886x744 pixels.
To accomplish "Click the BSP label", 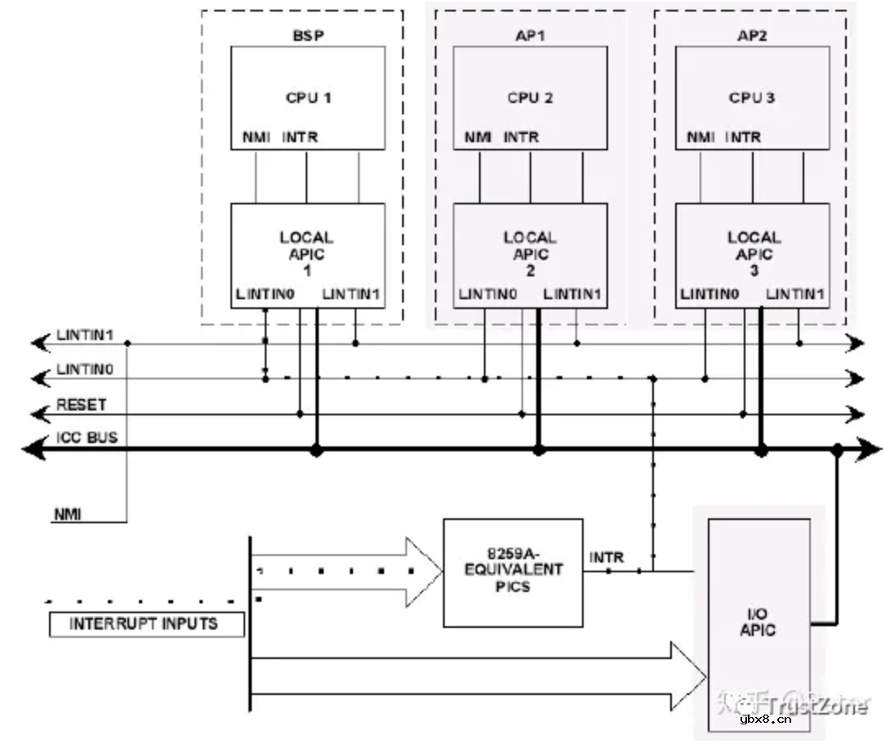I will (x=307, y=36).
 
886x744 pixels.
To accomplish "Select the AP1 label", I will (x=530, y=36).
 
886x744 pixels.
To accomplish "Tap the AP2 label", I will (x=752, y=36).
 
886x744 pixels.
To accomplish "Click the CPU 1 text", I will (x=308, y=97).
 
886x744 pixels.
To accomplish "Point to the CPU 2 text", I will (x=530, y=97).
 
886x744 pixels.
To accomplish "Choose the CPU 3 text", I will (x=752, y=97).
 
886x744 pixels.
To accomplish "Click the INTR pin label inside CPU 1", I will (x=299, y=137).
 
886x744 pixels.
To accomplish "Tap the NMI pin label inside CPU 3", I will (x=700, y=137).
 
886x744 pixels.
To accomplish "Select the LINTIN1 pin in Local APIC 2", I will (x=572, y=294).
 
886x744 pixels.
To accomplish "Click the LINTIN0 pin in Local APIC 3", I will (x=709, y=294).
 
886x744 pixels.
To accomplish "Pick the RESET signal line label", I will (x=81, y=405).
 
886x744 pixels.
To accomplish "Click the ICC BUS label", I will (x=87, y=437).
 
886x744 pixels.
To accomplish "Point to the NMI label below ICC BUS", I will (x=69, y=514).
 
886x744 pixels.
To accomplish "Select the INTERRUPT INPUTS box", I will (x=146, y=624).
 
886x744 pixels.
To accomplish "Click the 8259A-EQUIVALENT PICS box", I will (x=513, y=572).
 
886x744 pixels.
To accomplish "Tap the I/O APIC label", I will (x=758, y=623).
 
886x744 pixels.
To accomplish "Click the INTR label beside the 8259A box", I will (x=606, y=558).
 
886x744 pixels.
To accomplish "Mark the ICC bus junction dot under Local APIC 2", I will (x=538, y=450).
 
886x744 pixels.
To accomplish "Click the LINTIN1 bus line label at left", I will (x=84, y=335).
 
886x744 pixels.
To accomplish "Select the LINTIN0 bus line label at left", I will (x=84, y=370).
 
